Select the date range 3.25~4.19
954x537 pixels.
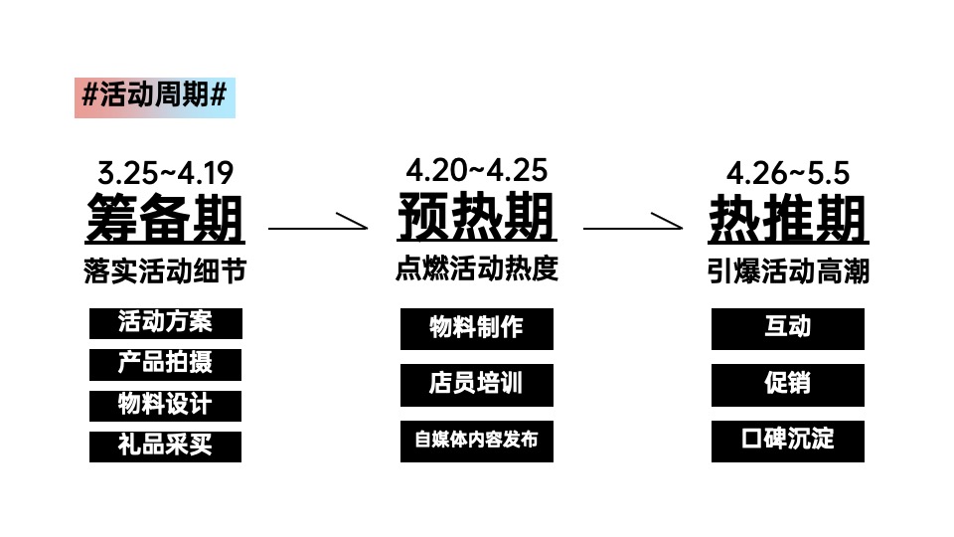pos(165,173)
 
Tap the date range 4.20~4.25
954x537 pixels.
pos(476,170)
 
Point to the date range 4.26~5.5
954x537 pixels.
pos(787,173)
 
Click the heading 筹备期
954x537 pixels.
pos(165,218)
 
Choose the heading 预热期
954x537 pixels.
pos(476,216)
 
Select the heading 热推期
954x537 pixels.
pos(788,218)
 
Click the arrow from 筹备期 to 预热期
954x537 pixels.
pos(318,228)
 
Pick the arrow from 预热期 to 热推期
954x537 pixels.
pos(632,228)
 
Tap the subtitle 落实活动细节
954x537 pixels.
pos(165,271)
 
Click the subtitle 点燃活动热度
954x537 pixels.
pos(476,269)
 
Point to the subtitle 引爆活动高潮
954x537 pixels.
pos(788,271)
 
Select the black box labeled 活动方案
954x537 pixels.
pos(165,322)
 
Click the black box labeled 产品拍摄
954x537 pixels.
pos(165,363)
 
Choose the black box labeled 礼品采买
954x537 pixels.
pos(165,446)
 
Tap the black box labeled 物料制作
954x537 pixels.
pos(476,328)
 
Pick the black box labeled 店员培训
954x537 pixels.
pos(476,385)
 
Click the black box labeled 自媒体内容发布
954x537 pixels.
pos(476,441)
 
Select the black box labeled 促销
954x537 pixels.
pos(788,385)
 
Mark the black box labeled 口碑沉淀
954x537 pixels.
pos(788,441)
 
